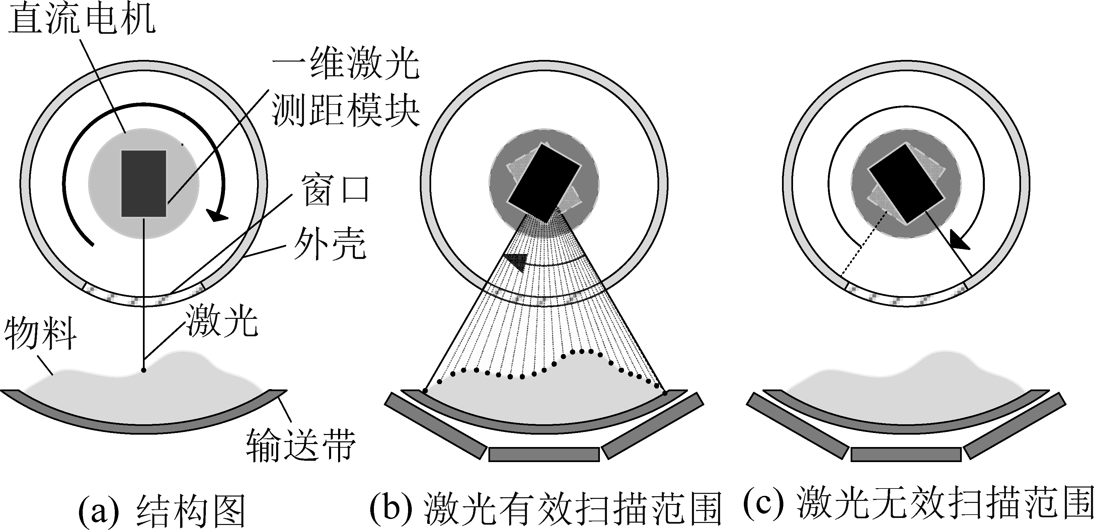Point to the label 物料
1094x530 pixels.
(41, 334)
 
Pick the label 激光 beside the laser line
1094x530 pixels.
(221, 321)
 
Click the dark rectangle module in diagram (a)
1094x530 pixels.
(144, 183)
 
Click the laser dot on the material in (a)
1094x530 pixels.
(144, 370)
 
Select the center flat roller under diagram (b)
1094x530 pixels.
(544, 454)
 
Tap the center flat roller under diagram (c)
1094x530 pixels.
(906, 454)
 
